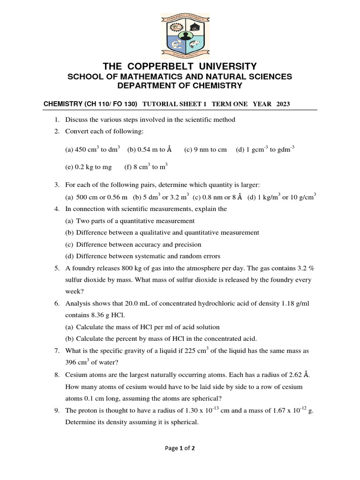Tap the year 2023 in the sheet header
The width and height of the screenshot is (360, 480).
[283, 104]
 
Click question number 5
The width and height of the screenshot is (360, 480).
[56, 268]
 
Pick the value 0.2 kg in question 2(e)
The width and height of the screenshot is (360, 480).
[82, 166]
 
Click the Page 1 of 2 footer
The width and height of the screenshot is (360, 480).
[180, 448]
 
